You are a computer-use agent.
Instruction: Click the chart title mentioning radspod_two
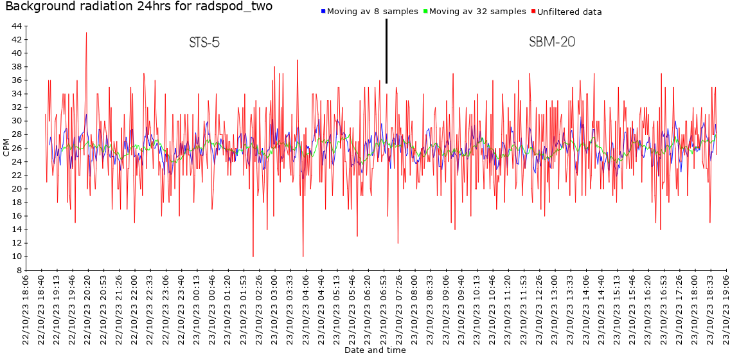point(139,7)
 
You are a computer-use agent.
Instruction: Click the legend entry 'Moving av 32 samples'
point(477,12)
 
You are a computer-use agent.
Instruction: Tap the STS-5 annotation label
point(204,43)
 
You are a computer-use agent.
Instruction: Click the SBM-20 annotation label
point(552,43)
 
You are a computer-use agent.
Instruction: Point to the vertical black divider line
point(386,51)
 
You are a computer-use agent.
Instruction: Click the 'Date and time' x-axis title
point(375,350)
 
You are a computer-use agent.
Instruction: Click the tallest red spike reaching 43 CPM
point(86,34)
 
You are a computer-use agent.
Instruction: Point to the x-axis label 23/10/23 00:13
point(197,310)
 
